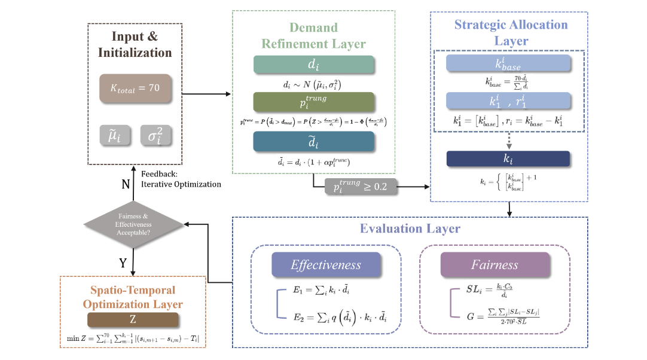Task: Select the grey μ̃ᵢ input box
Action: click(x=114, y=136)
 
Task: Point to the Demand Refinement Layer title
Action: click(x=314, y=36)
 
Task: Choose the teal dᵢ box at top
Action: click(x=314, y=65)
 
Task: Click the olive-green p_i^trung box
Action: click(x=314, y=102)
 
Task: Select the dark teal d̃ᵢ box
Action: click(x=314, y=141)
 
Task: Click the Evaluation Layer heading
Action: click(x=410, y=229)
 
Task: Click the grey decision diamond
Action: click(x=133, y=225)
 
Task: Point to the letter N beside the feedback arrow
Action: click(x=126, y=184)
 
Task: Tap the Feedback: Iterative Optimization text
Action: click(x=181, y=179)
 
